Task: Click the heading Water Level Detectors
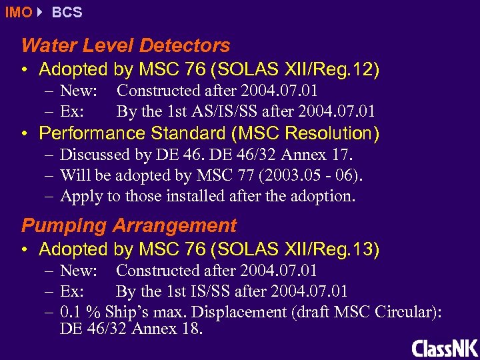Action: click(x=125, y=45)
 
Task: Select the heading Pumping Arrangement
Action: click(x=129, y=225)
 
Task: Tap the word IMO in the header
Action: click(x=18, y=12)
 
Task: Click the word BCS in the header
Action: click(x=67, y=12)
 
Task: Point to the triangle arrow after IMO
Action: click(x=40, y=12)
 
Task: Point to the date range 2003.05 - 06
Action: click(x=317, y=176)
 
